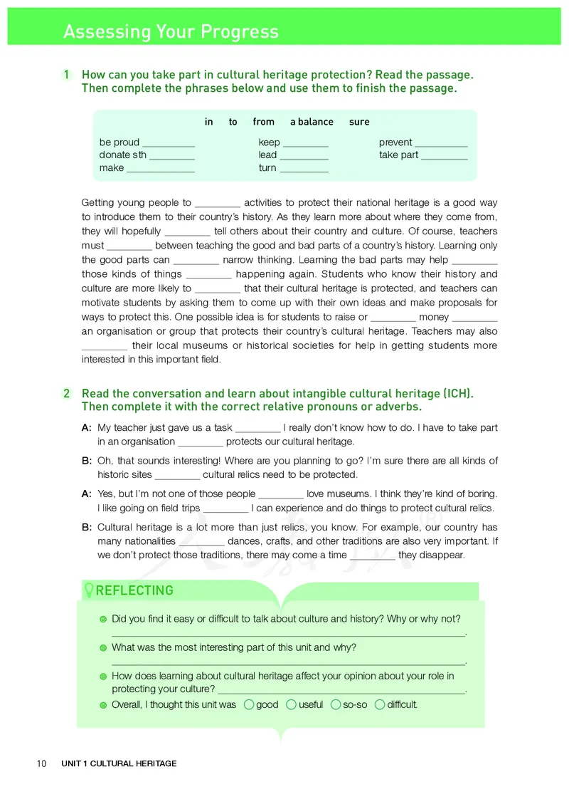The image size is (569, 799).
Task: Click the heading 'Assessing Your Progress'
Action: pos(171,32)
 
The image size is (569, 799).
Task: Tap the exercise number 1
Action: pos(66,75)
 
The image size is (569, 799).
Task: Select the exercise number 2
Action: pos(66,394)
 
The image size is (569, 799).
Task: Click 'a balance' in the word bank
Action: pos(312,122)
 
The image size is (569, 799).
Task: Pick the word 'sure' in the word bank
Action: pos(359,122)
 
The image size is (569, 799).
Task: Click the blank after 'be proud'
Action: pos(169,143)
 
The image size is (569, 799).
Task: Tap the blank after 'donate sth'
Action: pos(173,156)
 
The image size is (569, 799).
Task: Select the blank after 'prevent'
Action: pos(441,143)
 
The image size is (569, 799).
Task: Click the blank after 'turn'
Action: pos(304,169)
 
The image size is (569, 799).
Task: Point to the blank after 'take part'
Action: pos(445,156)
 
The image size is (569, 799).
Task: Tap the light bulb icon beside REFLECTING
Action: pos(89,590)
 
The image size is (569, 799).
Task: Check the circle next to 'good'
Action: pos(248,705)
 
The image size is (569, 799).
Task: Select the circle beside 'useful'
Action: pos(291,705)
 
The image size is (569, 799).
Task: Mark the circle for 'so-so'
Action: pos(336,705)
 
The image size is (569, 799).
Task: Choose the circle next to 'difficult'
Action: pos(379,705)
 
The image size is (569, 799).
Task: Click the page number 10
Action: pos(41,764)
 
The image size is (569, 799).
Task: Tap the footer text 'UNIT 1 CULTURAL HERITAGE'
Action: pos(119,764)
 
